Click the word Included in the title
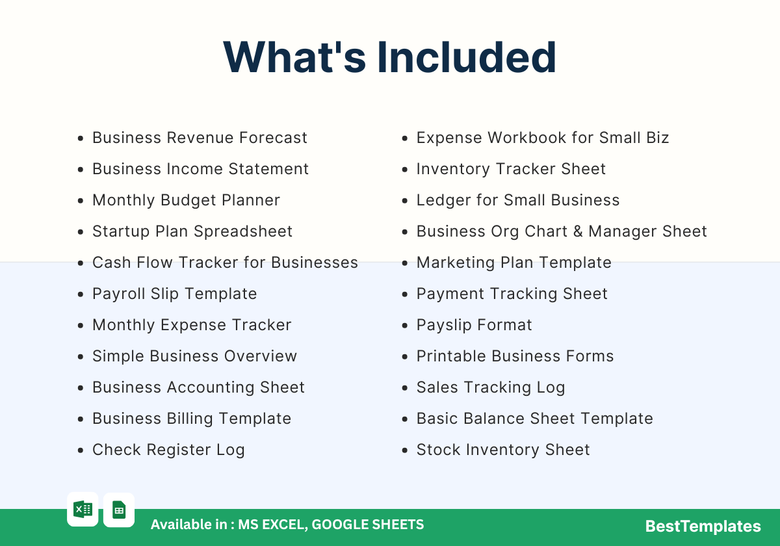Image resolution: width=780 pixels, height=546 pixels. (x=467, y=57)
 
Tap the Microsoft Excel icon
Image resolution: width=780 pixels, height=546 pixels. (x=83, y=510)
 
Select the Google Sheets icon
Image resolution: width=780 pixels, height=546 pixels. (x=119, y=510)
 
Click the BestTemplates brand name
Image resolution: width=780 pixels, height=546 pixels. (x=703, y=526)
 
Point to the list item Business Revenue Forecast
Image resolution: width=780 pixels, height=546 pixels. (x=200, y=138)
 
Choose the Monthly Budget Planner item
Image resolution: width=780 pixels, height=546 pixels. (x=186, y=200)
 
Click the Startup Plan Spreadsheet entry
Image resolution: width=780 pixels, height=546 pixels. (x=192, y=231)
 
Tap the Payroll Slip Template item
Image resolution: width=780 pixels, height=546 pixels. (x=174, y=294)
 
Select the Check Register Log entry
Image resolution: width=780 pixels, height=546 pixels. (x=168, y=450)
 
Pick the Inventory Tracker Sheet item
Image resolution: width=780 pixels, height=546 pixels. (x=511, y=169)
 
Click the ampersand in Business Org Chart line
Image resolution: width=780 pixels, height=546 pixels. (x=578, y=231)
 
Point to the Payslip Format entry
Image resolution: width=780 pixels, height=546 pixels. (x=474, y=325)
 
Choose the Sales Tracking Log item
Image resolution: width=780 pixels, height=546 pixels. (x=491, y=387)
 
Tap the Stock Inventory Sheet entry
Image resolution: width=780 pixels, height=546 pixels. (x=503, y=450)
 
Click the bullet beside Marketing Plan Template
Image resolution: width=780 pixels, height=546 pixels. (x=404, y=263)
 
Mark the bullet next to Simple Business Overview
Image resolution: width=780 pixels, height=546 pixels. (x=81, y=357)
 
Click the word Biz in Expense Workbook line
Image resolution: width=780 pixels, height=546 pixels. (x=657, y=138)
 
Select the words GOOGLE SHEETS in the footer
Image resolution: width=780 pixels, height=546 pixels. (x=368, y=525)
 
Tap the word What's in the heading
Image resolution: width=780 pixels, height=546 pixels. (x=294, y=57)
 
